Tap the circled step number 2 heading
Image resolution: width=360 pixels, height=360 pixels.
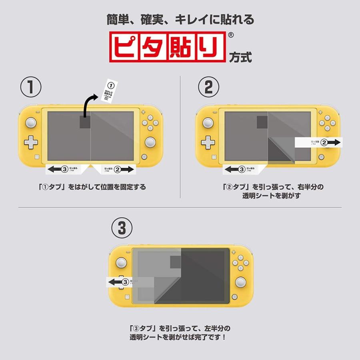pos(209,88)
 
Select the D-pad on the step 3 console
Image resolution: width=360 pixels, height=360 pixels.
pos(121,282)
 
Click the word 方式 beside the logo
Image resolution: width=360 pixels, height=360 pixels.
pos(240,57)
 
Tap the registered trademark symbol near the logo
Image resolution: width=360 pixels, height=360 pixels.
pos(230,35)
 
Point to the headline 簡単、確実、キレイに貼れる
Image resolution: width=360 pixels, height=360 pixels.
pos(180,19)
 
